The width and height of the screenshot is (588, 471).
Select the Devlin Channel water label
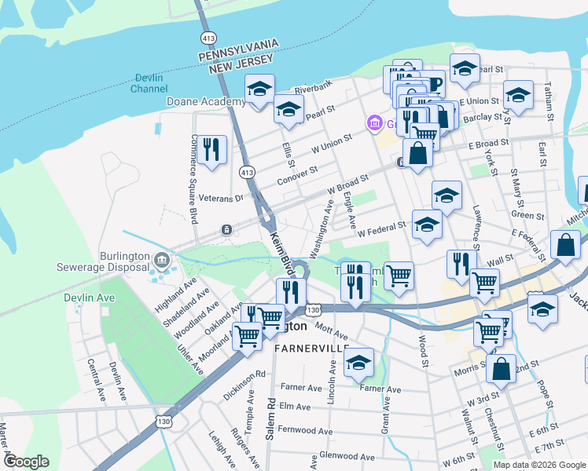(x=149, y=83)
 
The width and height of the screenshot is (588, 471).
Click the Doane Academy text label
(x=206, y=102)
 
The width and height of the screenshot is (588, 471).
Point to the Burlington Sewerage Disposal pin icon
(x=161, y=259)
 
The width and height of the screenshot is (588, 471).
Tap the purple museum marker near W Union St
(x=373, y=123)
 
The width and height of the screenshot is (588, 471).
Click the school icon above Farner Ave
(x=358, y=362)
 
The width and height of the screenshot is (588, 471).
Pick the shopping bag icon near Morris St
(x=500, y=368)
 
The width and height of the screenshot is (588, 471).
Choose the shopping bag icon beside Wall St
(x=565, y=245)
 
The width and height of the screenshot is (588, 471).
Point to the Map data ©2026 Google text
(x=539, y=465)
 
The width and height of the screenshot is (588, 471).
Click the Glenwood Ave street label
(x=347, y=456)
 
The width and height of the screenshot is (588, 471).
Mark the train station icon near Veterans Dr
(x=226, y=229)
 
